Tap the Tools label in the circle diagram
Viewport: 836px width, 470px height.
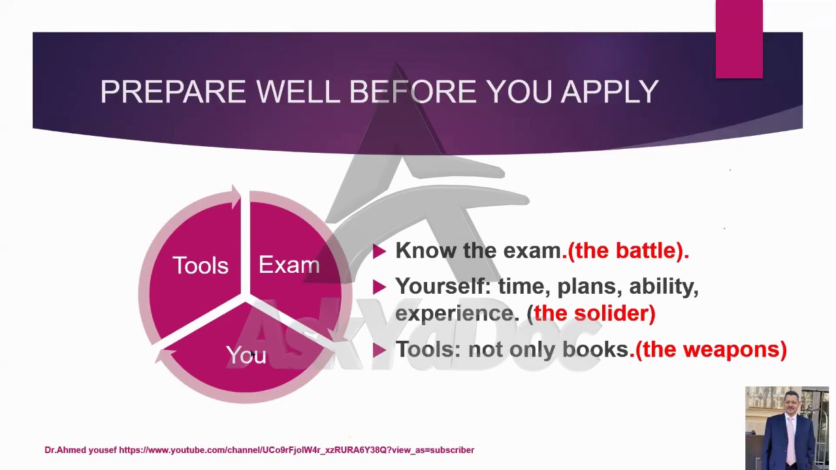pyautogui.click(x=201, y=266)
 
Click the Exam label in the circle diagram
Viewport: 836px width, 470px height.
pyautogui.click(x=289, y=265)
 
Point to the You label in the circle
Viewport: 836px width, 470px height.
pyautogui.click(x=246, y=355)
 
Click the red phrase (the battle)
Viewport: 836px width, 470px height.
pyautogui.click(x=628, y=251)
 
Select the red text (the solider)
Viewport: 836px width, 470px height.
pyautogui.click(x=594, y=313)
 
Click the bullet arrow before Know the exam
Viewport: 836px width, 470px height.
pyautogui.click(x=379, y=251)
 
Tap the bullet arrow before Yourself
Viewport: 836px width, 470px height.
pyautogui.click(x=379, y=287)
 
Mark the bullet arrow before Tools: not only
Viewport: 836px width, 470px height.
pyautogui.click(x=379, y=350)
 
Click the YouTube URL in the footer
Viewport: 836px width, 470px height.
pyautogui.click(x=297, y=450)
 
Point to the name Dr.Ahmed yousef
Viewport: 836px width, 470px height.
pyautogui.click(x=80, y=450)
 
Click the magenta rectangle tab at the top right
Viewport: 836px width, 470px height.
pyautogui.click(x=739, y=39)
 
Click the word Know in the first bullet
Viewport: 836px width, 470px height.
pyautogui.click(x=426, y=251)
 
